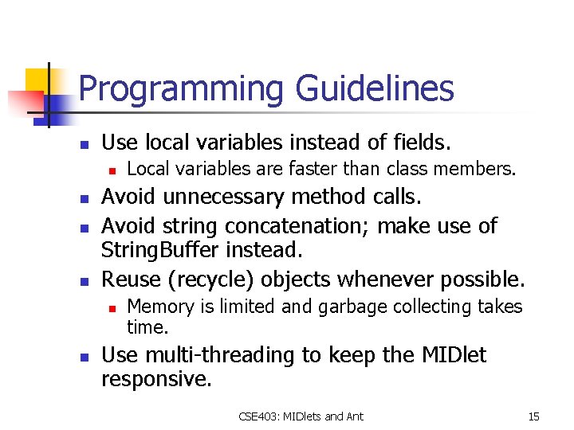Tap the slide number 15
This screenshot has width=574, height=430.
tap(533, 416)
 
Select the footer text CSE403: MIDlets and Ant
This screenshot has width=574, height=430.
tap(301, 416)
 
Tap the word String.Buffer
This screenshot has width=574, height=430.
tap(159, 252)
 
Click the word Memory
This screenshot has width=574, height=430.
tap(159, 307)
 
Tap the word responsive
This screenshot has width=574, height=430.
tap(156, 379)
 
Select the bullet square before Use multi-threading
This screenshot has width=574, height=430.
tap(82, 357)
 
